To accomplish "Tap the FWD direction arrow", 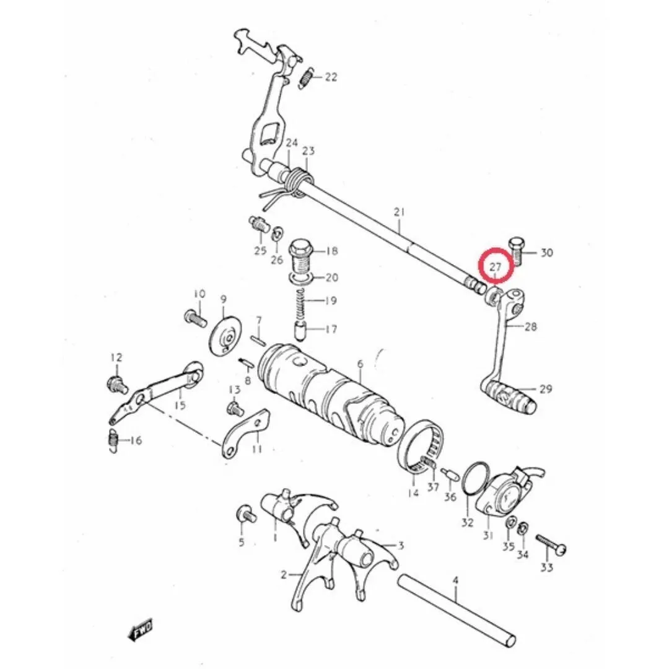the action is coord(140,631).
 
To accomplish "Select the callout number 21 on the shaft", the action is coord(399,212).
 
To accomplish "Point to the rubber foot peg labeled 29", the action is coord(510,395).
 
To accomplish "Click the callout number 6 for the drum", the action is coord(361,364).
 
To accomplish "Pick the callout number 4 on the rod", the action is coord(455,580).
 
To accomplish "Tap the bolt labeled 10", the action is coord(195,318).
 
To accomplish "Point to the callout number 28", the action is coord(530,327).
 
